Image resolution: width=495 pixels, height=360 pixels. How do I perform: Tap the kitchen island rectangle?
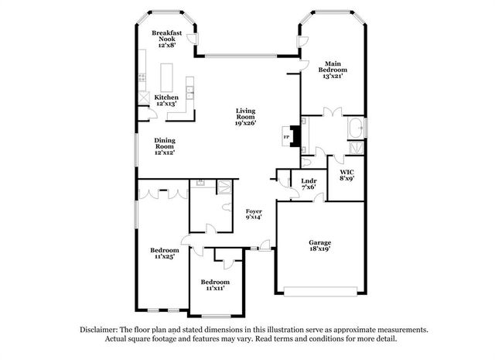coord(167,77)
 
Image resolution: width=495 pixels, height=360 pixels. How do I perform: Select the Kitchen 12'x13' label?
coord(166,100)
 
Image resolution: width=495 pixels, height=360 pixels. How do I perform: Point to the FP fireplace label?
coord(286,137)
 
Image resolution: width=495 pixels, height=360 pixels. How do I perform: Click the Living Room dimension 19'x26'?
coord(246,123)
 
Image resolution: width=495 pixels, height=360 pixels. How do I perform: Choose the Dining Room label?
coord(165,143)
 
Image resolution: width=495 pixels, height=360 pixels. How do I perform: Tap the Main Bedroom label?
coord(333,67)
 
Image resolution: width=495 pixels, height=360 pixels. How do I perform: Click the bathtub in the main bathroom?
coord(356,128)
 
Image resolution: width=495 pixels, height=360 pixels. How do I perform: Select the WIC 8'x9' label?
coord(346,175)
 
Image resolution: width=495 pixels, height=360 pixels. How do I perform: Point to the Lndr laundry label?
coord(309,181)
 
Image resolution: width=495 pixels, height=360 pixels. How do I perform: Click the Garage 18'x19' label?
coord(320,245)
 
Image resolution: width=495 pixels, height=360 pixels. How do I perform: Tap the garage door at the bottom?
coord(320,291)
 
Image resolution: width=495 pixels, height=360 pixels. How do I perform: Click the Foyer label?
coord(254,211)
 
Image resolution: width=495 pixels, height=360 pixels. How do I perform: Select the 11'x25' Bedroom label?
coord(165,253)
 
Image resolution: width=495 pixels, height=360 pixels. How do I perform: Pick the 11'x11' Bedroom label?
coord(215,285)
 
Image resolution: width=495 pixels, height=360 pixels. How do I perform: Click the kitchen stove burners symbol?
coord(142,77)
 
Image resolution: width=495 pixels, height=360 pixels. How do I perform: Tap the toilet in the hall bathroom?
coord(227,207)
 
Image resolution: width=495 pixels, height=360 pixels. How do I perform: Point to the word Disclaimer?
coord(99,330)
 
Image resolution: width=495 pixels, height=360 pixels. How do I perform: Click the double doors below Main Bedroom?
coord(333,111)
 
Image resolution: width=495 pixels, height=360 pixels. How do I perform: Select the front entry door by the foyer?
coord(265,245)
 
